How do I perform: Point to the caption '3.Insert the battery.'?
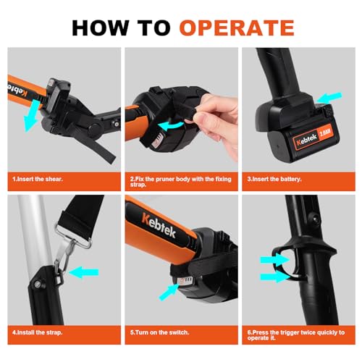(279, 177)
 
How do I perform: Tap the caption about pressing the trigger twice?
(298, 336)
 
